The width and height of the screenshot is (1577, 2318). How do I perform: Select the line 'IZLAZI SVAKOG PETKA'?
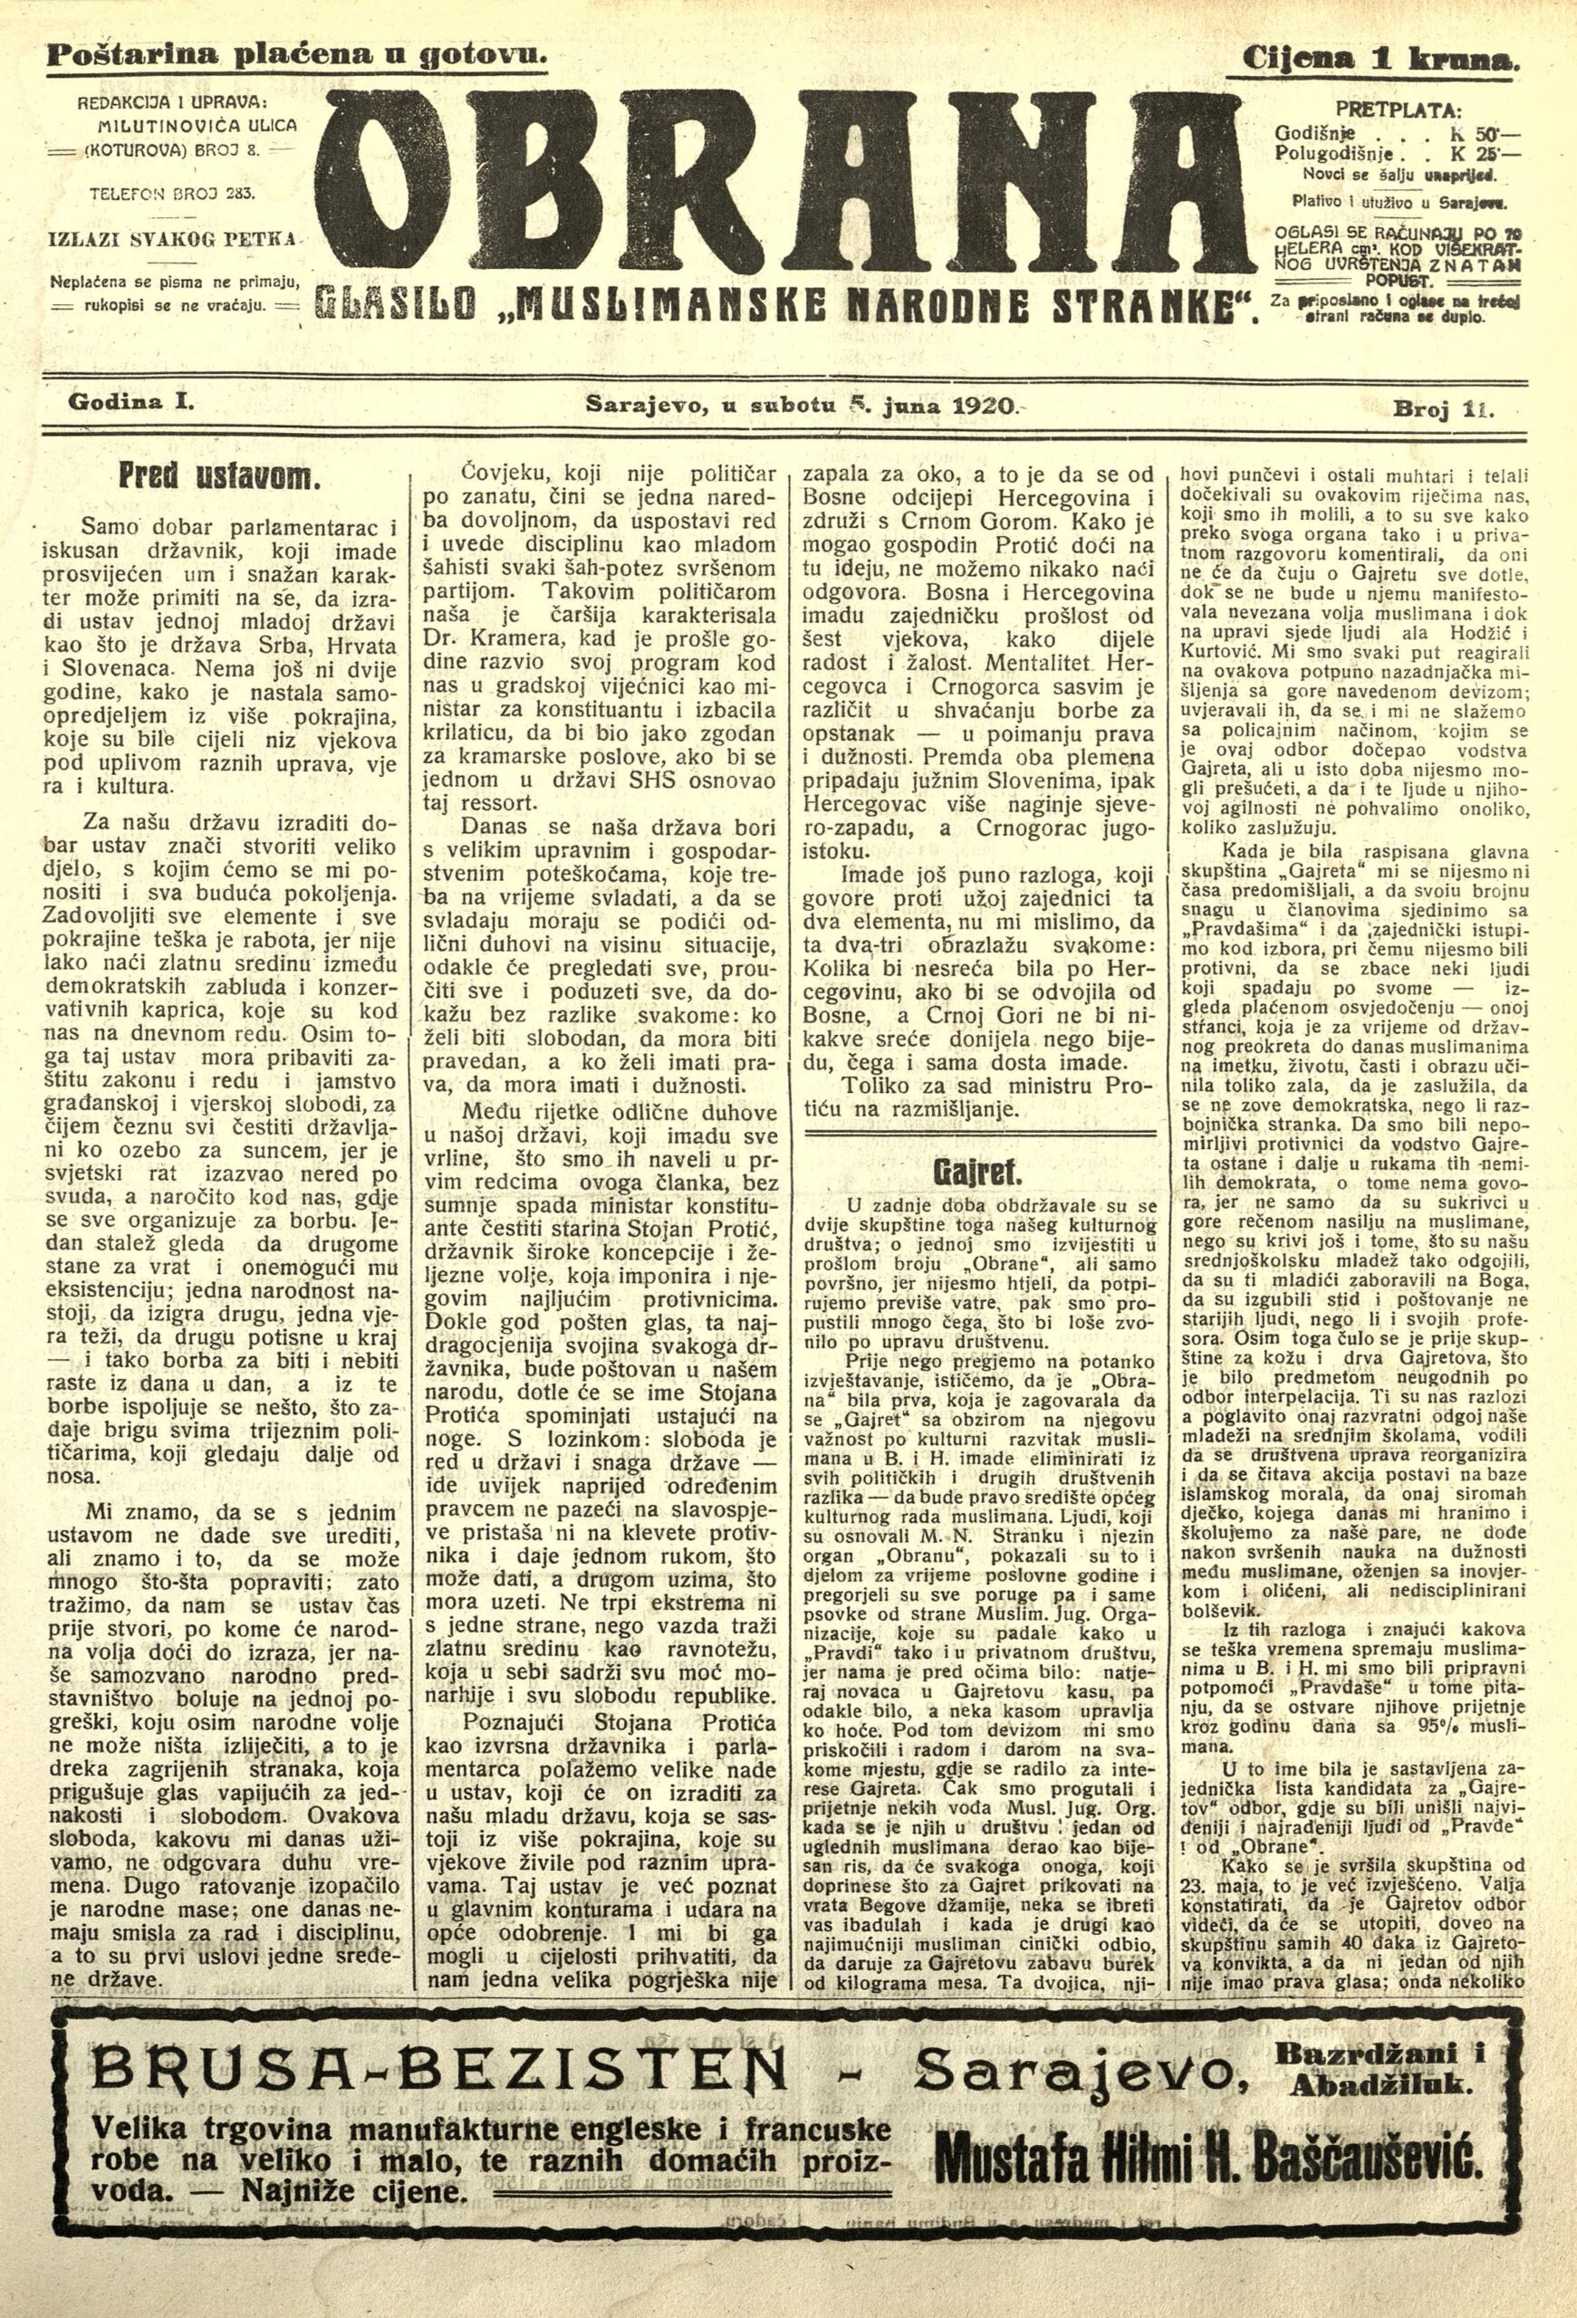[x=176, y=240]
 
